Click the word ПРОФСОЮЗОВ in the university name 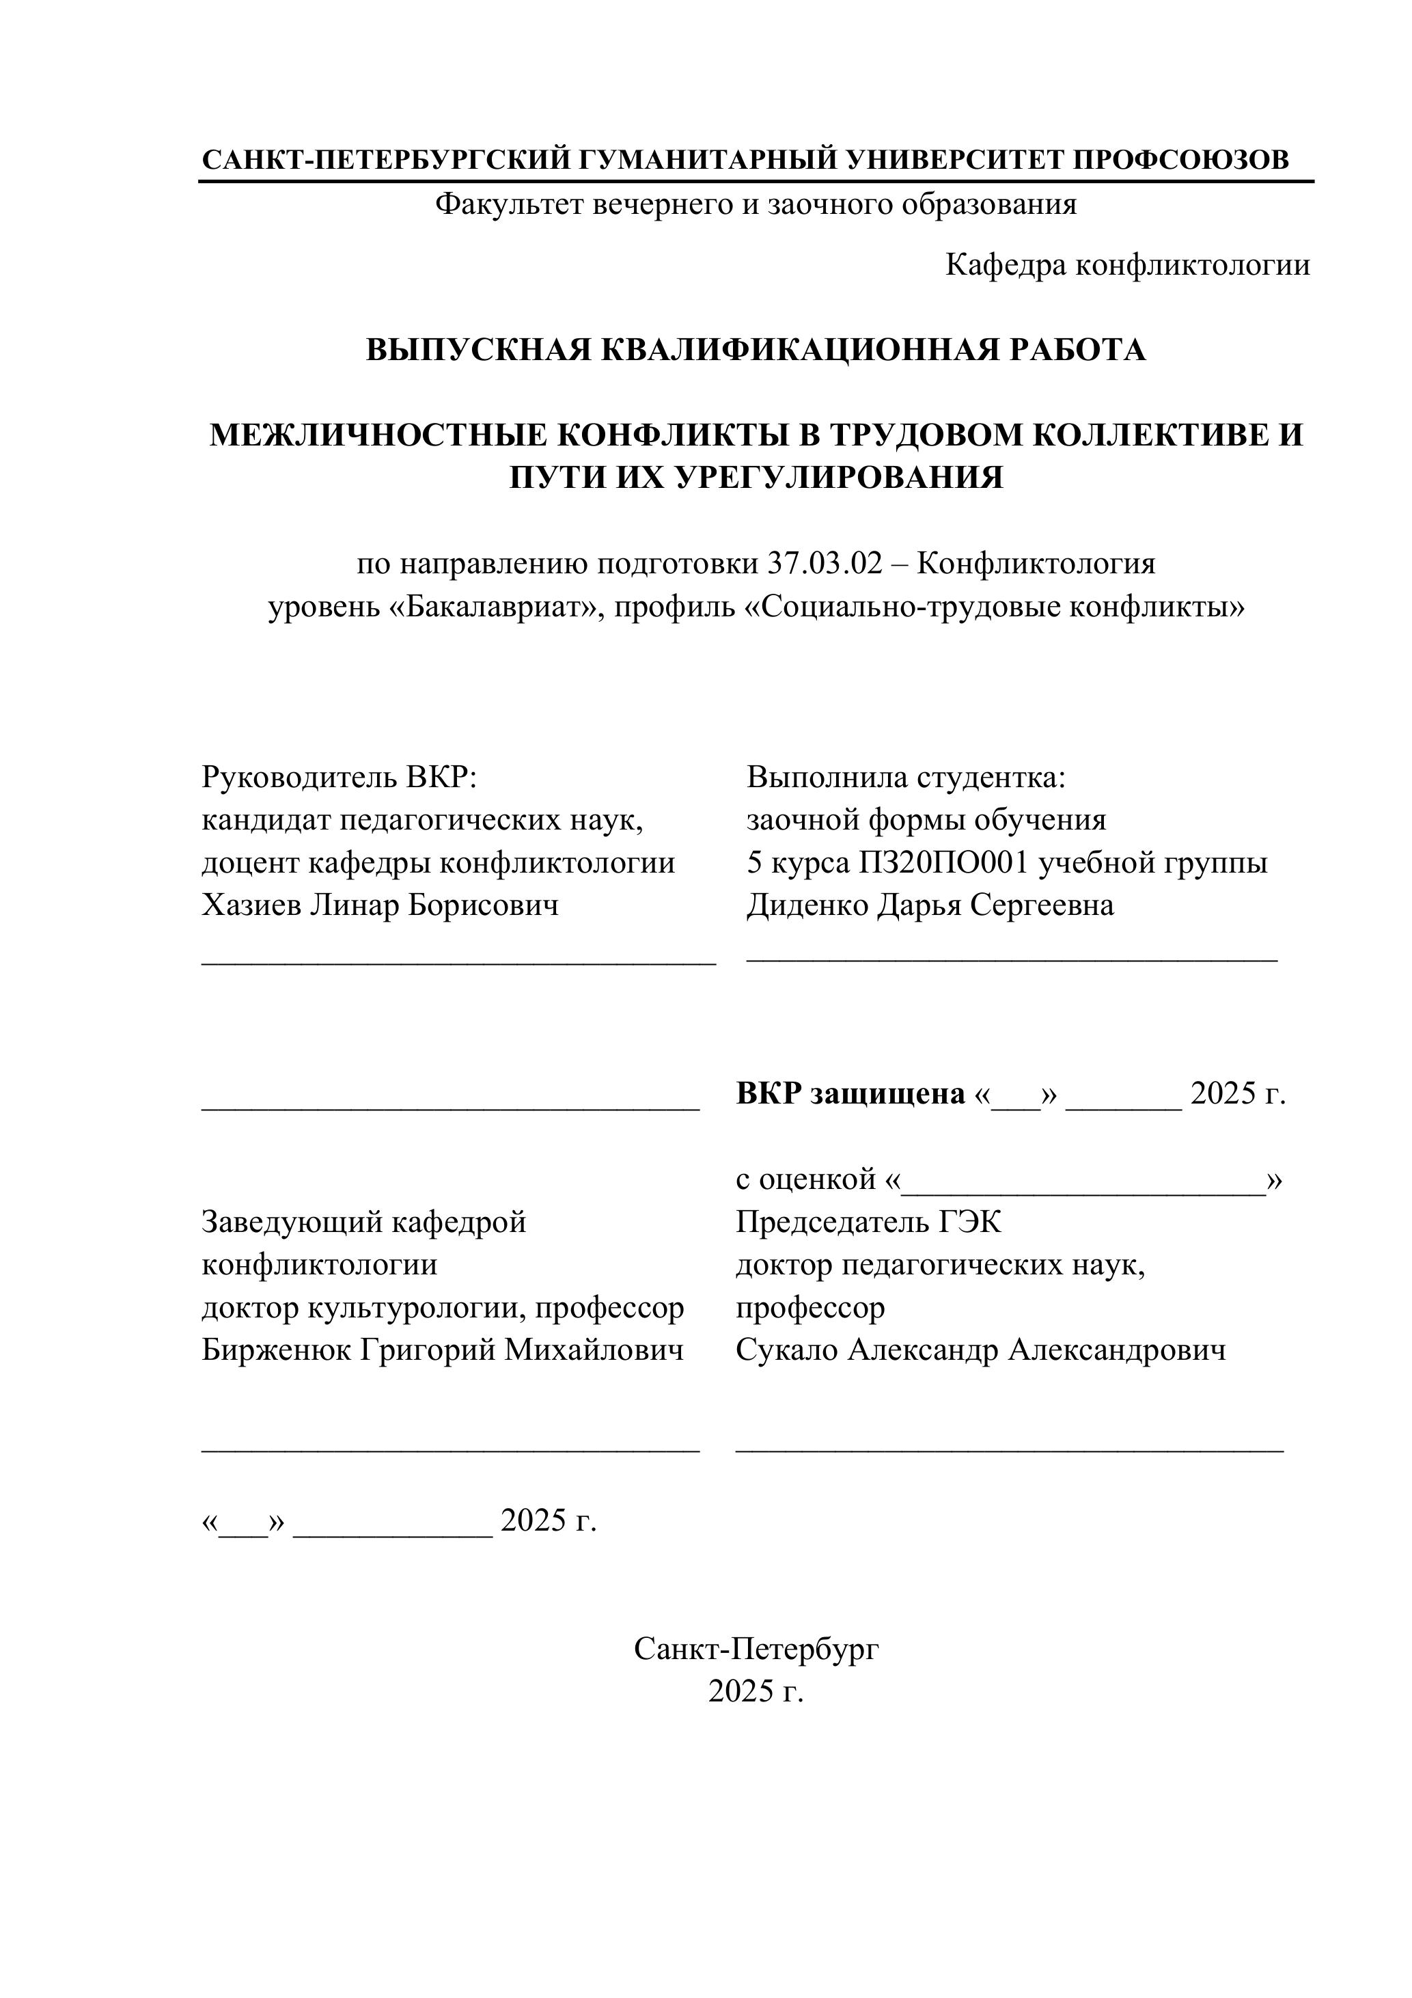coord(1180,160)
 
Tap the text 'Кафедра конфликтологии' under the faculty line coord(1128,265)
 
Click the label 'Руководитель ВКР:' coord(340,777)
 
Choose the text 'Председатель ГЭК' coord(868,1222)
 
